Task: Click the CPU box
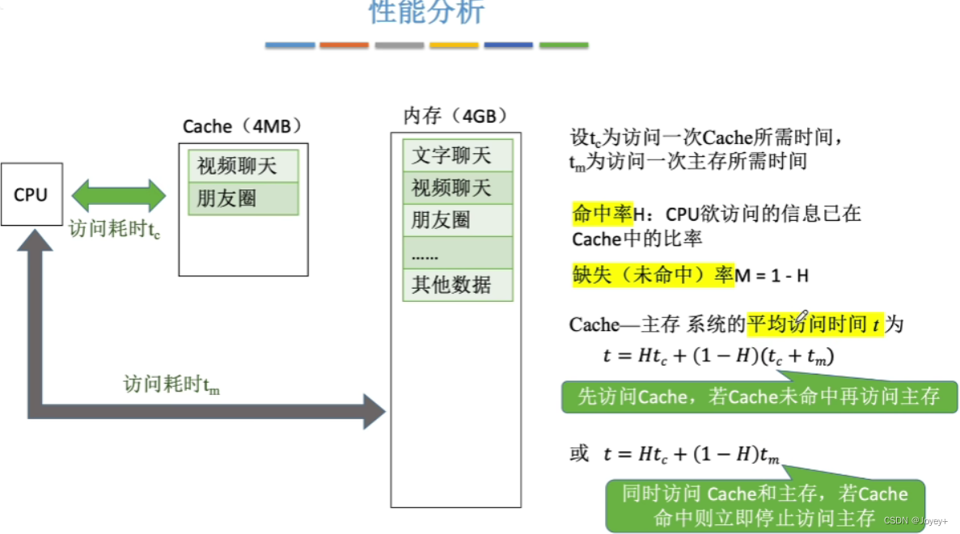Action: click(x=31, y=195)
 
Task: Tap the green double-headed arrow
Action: click(x=118, y=196)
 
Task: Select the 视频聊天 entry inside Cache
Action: click(x=243, y=167)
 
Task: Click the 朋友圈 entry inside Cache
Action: click(x=243, y=199)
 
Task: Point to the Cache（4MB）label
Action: click(x=242, y=126)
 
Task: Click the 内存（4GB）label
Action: click(x=455, y=116)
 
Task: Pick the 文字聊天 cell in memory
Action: click(x=458, y=155)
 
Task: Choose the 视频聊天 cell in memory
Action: click(x=458, y=188)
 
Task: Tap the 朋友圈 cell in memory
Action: click(x=458, y=220)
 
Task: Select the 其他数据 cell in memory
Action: click(x=458, y=285)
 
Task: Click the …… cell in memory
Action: click(x=458, y=252)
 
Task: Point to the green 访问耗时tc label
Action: click(x=114, y=230)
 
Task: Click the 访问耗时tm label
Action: click(x=171, y=384)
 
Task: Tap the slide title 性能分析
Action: click(x=426, y=12)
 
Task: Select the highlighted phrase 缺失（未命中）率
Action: click(x=652, y=275)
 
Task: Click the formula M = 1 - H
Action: click(x=772, y=276)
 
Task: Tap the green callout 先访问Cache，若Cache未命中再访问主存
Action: click(x=759, y=396)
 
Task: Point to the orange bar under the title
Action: click(x=344, y=45)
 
